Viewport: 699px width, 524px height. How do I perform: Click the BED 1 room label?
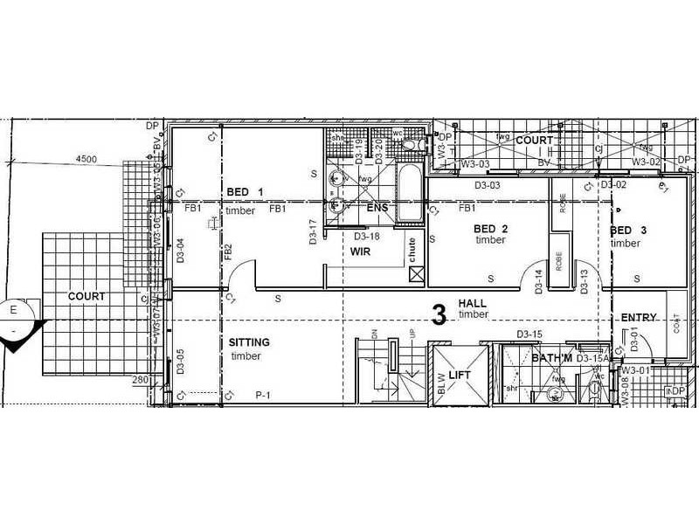click(x=245, y=192)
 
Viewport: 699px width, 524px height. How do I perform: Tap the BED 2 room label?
click(x=490, y=229)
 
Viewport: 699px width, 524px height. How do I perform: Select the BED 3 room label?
click(x=628, y=231)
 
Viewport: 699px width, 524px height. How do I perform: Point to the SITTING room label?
click(x=249, y=342)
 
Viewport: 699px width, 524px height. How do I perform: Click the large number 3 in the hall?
click(x=440, y=314)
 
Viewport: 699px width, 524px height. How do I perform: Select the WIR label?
click(x=363, y=251)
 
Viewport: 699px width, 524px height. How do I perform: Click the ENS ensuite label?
click(x=377, y=208)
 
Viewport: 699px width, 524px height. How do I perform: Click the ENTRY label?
click(x=638, y=317)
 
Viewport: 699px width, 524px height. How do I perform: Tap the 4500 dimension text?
click(x=86, y=159)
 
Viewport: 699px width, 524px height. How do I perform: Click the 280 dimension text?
click(x=140, y=379)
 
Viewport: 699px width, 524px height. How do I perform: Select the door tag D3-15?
click(x=529, y=334)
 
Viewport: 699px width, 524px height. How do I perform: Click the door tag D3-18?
click(x=366, y=236)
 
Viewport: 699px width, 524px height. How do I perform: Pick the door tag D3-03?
click(x=487, y=186)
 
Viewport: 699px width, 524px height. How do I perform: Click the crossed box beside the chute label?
click(x=417, y=276)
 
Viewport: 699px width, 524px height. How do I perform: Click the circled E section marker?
click(x=14, y=310)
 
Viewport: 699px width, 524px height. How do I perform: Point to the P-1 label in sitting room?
click(x=264, y=396)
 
